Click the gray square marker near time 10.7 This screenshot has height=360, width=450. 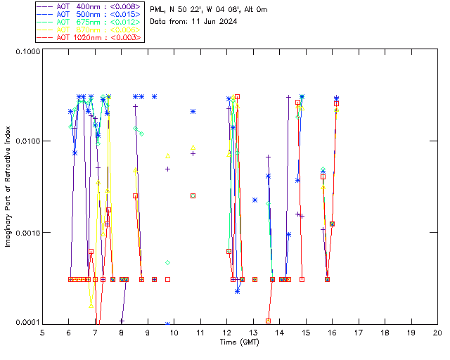pyautogui.click(x=193, y=195)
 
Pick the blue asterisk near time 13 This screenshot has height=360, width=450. pyautogui.click(x=255, y=200)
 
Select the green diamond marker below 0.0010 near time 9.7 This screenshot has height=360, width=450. pyautogui.click(x=168, y=262)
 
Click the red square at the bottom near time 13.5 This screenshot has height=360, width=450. pyautogui.click(x=268, y=321)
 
